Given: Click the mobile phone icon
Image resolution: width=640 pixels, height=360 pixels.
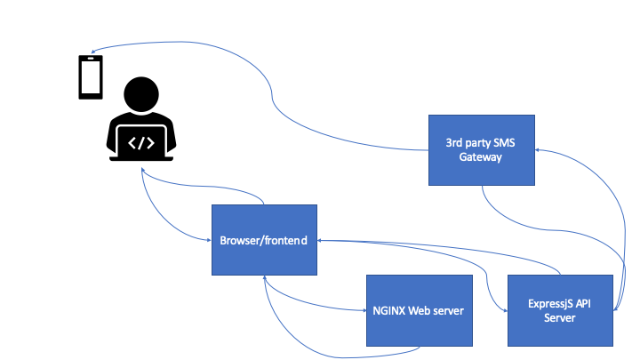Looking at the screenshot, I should (x=90, y=77).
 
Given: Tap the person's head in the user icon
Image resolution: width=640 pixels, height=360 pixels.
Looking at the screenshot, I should (x=143, y=95).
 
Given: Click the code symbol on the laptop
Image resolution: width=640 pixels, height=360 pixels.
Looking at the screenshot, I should (x=142, y=141).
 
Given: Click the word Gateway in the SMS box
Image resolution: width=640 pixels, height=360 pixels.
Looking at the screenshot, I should (x=481, y=157).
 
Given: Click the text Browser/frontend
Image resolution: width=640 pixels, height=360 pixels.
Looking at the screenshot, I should (x=264, y=240).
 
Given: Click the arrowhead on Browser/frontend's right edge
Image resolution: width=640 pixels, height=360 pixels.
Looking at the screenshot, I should (x=321, y=240).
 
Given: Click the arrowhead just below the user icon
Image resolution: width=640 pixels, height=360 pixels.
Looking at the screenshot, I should (x=142, y=172).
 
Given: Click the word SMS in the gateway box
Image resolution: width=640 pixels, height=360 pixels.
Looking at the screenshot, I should (x=501, y=142).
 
